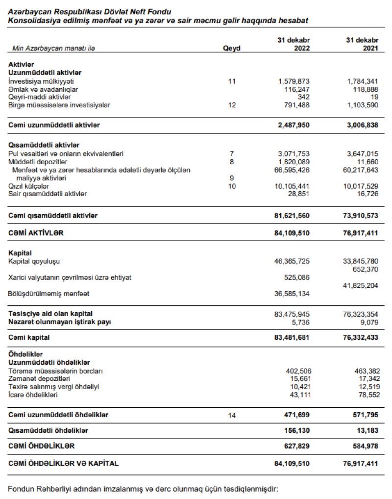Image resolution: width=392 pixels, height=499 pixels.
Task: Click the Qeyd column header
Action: click(232, 49)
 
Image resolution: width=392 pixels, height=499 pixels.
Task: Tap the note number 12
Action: click(232, 105)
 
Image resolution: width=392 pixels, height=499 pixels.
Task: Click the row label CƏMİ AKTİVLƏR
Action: click(36, 233)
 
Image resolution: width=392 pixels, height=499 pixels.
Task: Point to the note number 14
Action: click(232, 416)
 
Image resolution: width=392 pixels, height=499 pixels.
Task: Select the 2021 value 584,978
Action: click(365, 446)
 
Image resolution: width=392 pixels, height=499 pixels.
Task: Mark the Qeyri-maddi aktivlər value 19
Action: click(374, 97)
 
